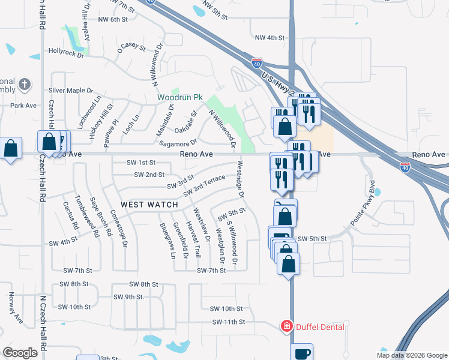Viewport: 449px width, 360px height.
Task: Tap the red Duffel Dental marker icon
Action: (x=287, y=326)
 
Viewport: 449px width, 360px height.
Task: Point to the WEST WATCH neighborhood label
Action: (x=149, y=205)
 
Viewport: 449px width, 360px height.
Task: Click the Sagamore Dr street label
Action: (x=177, y=143)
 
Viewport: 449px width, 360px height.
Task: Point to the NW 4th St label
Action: (x=269, y=38)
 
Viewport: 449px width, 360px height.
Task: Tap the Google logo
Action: (x=20, y=352)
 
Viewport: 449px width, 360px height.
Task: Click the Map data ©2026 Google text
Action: (x=412, y=355)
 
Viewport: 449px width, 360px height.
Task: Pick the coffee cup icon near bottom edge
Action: (x=302, y=353)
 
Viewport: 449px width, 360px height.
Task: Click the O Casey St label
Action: (x=132, y=46)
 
